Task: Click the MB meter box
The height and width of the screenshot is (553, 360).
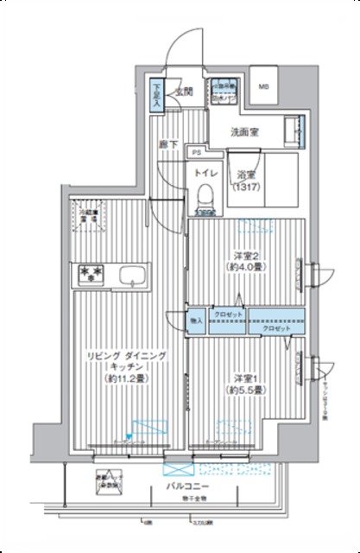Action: click(x=264, y=86)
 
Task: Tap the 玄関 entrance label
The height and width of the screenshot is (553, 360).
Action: click(x=184, y=90)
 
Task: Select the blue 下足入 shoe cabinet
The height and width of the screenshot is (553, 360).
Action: click(x=157, y=95)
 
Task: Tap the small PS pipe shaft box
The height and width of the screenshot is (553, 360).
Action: click(x=197, y=152)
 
